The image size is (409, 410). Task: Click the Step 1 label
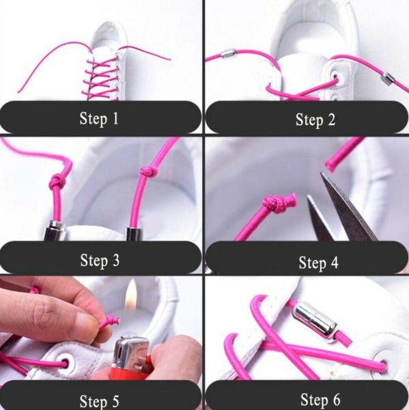click(x=99, y=118)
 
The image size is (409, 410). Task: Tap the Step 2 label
click(x=315, y=120)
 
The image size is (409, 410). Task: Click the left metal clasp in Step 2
click(x=227, y=53)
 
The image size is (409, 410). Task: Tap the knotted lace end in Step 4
click(x=278, y=202)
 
